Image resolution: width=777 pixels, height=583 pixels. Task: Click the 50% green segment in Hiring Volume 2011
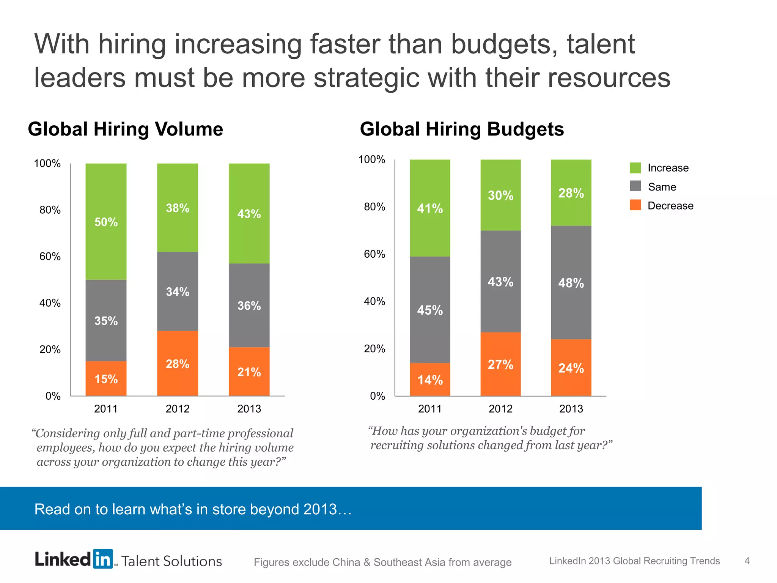coord(106,222)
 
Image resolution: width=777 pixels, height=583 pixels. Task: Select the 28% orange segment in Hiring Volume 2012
coord(178,363)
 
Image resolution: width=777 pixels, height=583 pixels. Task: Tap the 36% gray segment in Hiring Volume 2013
coord(249,305)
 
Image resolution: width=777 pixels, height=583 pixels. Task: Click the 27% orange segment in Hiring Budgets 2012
coord(500,364)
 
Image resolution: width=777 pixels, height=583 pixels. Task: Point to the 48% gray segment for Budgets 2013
coord(571,282)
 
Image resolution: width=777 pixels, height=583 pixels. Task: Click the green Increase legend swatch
coord(635,167)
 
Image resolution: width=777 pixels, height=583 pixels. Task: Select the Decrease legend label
coord(670,206)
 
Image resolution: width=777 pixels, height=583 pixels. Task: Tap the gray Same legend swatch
coord(635,186)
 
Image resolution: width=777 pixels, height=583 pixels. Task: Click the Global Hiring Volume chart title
coord(125,129)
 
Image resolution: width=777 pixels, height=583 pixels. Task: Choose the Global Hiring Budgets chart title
coord(462,129)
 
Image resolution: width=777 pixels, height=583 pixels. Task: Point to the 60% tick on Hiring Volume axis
coord(50,257)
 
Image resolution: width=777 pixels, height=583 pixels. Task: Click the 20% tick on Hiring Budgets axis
coord(374,349)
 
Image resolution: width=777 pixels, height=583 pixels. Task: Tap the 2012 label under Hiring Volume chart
coord(178,409)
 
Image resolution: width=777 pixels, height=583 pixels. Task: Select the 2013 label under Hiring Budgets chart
coord(571,409)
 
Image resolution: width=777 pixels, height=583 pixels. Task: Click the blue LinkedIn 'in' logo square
coord(103,559)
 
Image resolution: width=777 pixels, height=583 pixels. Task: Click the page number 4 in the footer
coord(747,561)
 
